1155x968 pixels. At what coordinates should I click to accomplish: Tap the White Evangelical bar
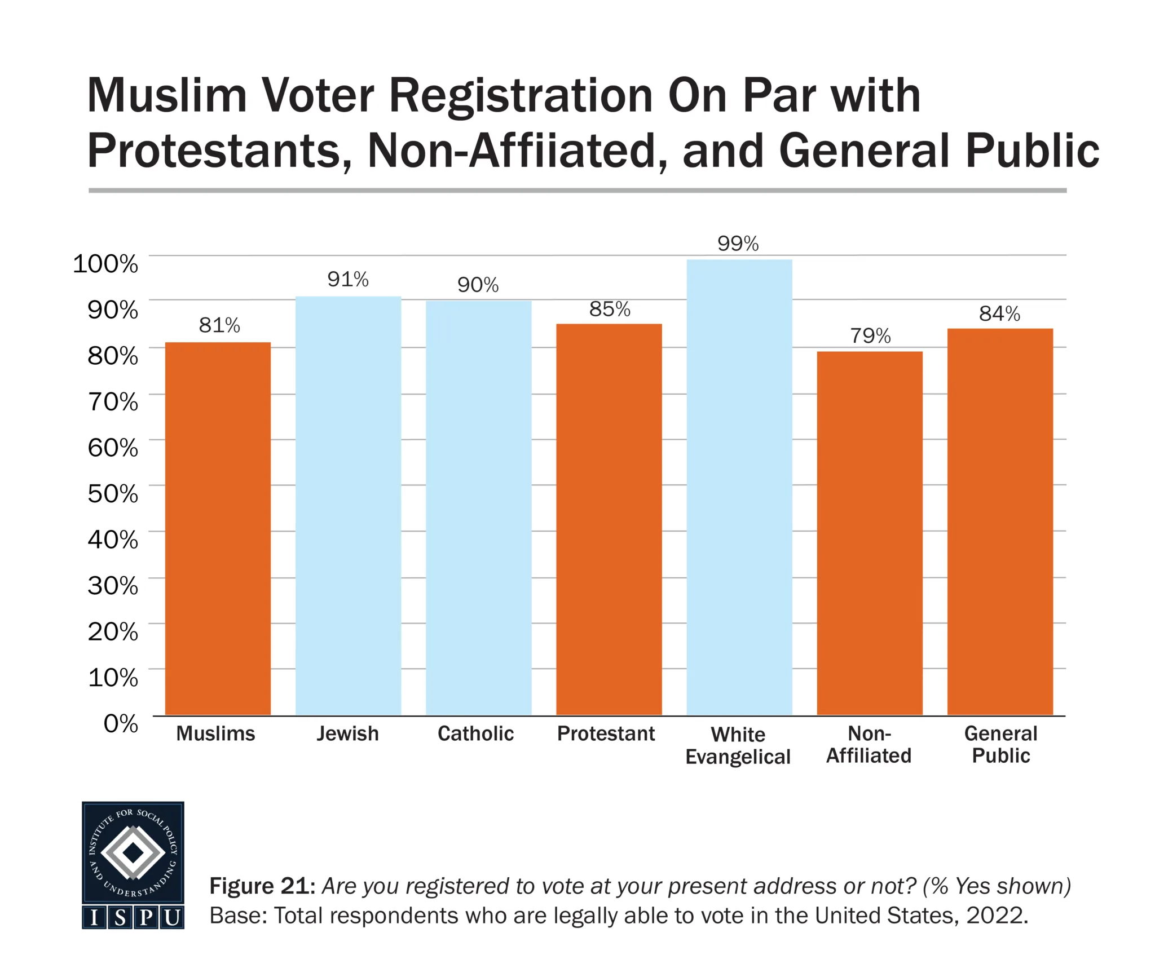point(739,487)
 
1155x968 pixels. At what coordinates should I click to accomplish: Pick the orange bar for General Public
point(1000,521)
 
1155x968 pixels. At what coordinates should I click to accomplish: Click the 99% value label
point(738,244)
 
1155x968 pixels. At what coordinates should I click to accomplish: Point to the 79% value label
point(870,336)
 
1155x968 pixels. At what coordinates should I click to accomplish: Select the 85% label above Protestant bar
point(609,309)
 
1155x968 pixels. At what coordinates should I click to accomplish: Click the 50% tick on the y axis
point(113,494)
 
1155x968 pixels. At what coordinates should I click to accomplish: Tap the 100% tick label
point(105,264)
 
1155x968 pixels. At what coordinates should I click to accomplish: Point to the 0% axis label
point(121,723)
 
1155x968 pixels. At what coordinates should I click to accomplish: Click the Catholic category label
point(475,733)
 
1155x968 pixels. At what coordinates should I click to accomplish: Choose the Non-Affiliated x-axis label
point(869,745)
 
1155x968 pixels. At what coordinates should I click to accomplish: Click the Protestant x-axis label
point(606,733)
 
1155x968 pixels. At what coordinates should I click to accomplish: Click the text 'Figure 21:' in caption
point(262,886)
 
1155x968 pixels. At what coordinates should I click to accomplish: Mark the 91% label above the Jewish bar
point(348,279)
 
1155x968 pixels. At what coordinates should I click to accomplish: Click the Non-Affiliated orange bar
point(870,533)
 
